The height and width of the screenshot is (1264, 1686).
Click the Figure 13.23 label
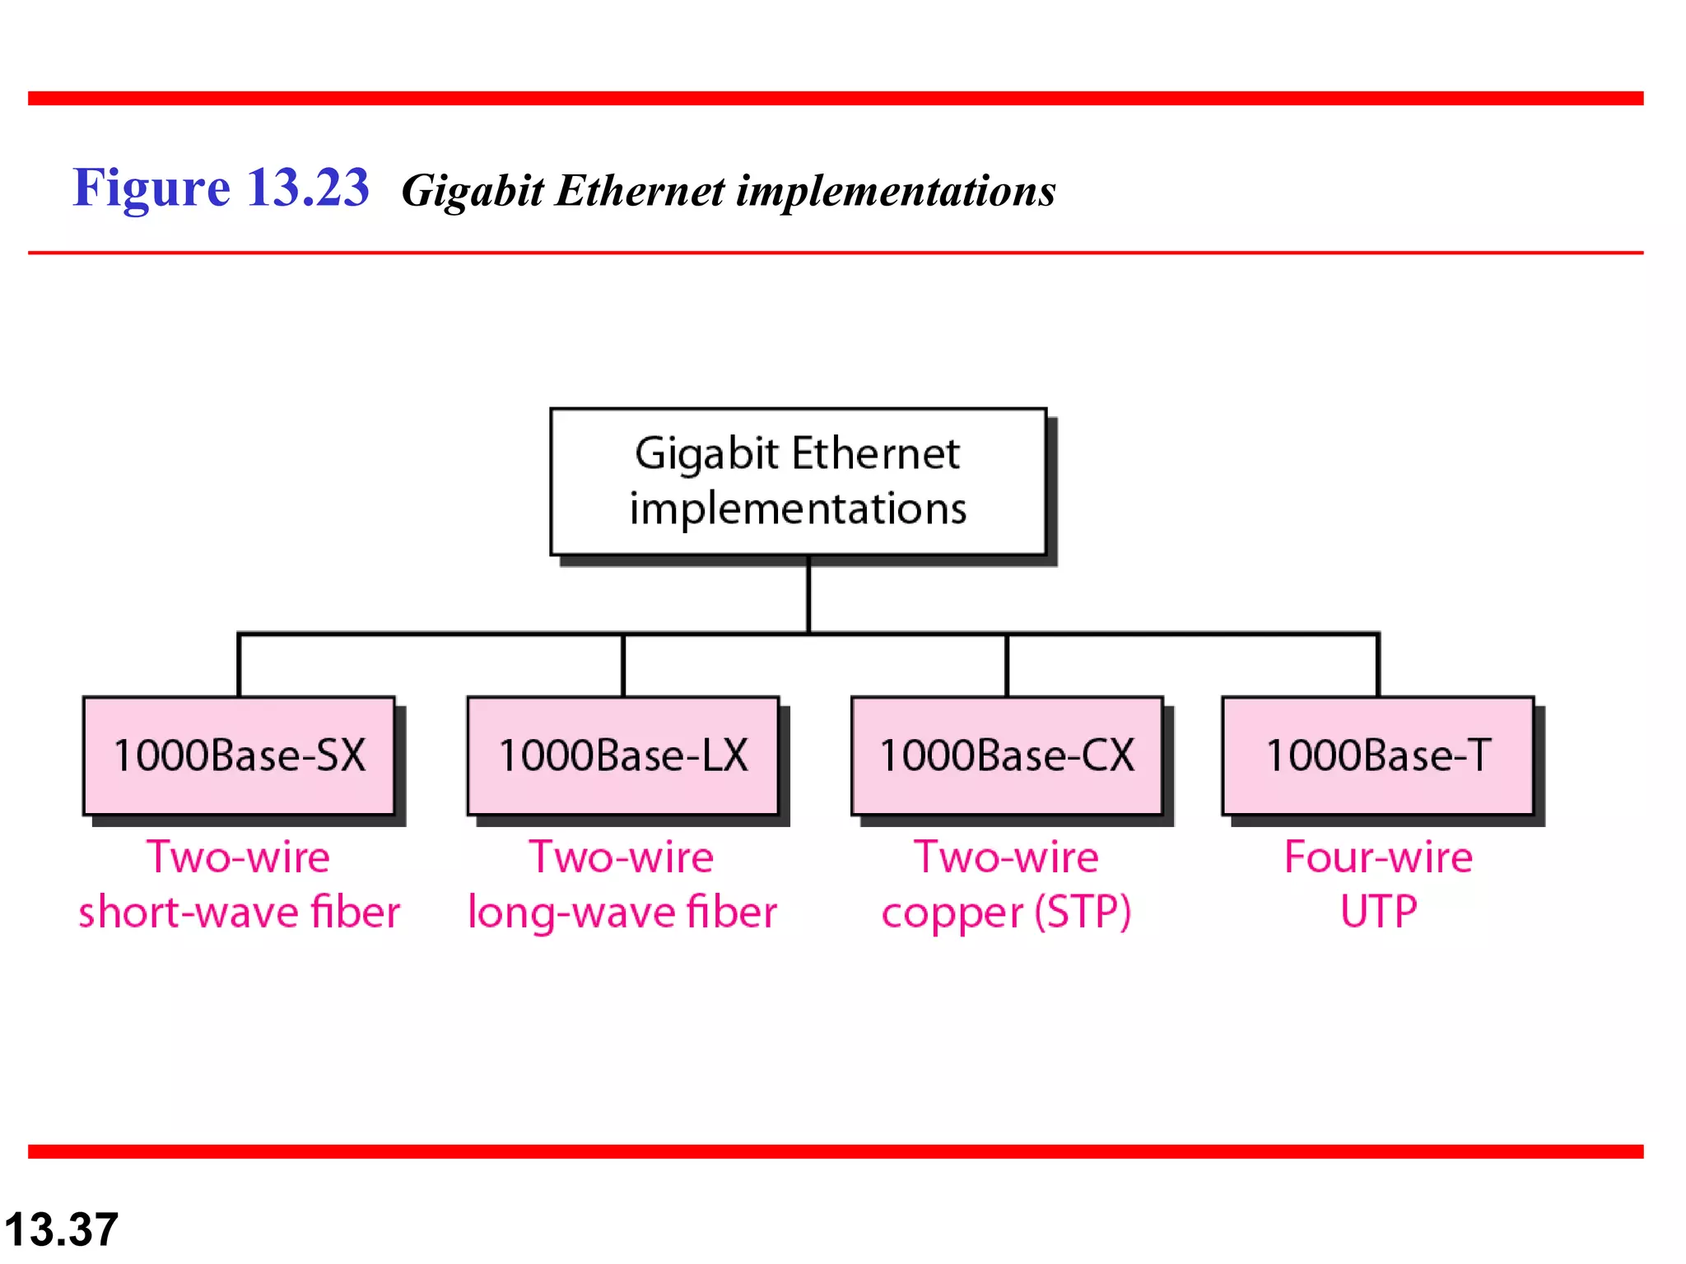[x=221, y=188]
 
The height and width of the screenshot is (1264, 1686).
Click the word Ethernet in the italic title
[x=640, y=191]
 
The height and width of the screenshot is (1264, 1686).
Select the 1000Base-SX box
[x=239, y=755]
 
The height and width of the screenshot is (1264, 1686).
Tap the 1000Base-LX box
[x=623, y=755]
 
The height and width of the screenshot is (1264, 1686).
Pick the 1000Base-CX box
[x=1007, y=755]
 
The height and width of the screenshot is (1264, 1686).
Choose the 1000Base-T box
[x=1377, y=755]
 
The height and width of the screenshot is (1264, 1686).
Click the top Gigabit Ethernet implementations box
[x=798, y=481]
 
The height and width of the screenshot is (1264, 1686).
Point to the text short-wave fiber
[x=239, y=912]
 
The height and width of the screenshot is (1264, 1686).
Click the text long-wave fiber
[x=622, y=912]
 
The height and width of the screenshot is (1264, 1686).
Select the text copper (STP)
[x=1006, y=912]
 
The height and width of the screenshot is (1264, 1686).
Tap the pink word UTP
[x=1378, y=911]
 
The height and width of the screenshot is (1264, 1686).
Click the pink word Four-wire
[x=1378, y=857]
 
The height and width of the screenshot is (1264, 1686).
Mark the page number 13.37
[x=62, y=1229]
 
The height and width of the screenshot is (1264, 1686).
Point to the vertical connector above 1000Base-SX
[x=239, y=665]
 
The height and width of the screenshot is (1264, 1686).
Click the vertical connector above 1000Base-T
[x=1377, y=665]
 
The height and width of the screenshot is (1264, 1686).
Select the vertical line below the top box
[x=808, y=594]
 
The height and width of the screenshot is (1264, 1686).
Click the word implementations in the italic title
[x=896, y=191]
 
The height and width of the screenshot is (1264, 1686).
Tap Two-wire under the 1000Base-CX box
[x=1006, y=857]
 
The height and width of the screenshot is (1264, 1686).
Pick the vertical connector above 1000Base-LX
[x=623, y=665]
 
